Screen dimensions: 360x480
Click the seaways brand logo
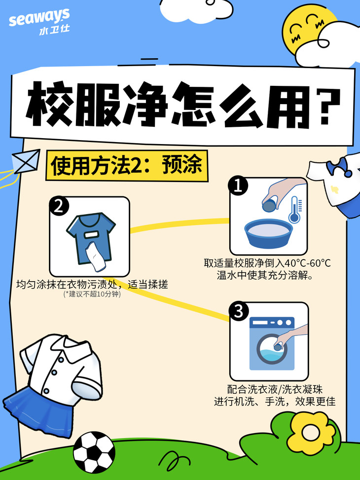[x=39, y=21]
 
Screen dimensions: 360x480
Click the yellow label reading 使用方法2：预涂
[x=127, y=165]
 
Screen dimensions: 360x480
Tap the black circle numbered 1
[x=238, y=185]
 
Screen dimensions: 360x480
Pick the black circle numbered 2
[x=59, y=206]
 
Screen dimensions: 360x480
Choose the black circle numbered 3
[x=238, y=311]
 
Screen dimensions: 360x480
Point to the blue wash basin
[x=268, y=233]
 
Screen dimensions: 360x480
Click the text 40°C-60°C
[x=308, y=263]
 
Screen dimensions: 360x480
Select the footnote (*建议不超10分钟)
[x=92, y=294]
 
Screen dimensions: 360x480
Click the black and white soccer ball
[x=94, y=452]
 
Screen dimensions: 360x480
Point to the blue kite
[x=26, y=161]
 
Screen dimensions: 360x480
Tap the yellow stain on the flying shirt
[x=334, y=189]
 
